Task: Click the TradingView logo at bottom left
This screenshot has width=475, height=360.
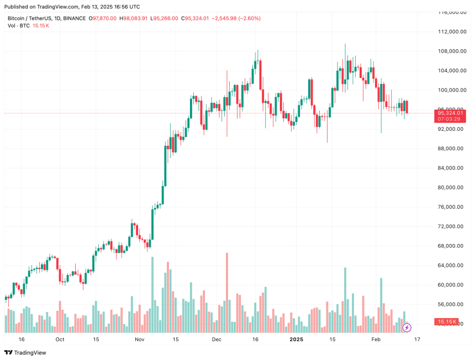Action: pyautogui.click(x=26, y=353)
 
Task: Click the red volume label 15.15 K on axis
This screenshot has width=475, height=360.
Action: pyautogui.click(x=447, y=321)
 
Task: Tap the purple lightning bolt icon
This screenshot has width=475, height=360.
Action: pyautogui.click(x=407, y=327)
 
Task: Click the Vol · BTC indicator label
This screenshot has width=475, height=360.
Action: pyautogui.click(x=19, y=26)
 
